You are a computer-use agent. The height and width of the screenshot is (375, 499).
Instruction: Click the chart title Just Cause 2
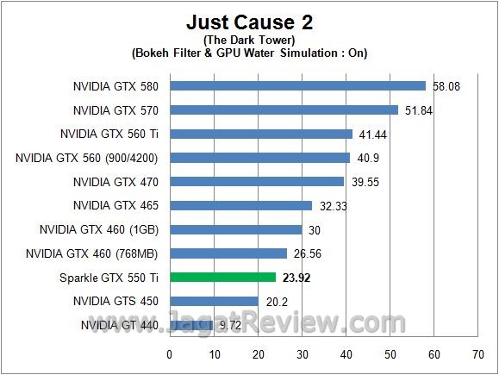249,21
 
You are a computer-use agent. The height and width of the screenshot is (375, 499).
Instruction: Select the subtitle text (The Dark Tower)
249,39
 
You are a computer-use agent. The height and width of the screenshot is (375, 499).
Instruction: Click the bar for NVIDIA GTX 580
298,86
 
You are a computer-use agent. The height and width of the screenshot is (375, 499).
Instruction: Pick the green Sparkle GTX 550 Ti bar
223,278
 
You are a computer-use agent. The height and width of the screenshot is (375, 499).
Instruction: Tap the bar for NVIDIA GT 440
191,325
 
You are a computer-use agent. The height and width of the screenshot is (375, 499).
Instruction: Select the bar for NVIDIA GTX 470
257,182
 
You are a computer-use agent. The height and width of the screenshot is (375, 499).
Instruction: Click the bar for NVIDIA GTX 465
241,206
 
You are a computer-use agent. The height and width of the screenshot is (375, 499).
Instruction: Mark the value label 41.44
371,134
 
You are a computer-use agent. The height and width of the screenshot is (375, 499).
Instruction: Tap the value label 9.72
229,325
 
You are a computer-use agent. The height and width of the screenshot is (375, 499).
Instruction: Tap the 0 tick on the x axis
170,353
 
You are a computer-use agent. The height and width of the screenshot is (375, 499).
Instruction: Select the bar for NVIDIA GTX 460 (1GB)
236,230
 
